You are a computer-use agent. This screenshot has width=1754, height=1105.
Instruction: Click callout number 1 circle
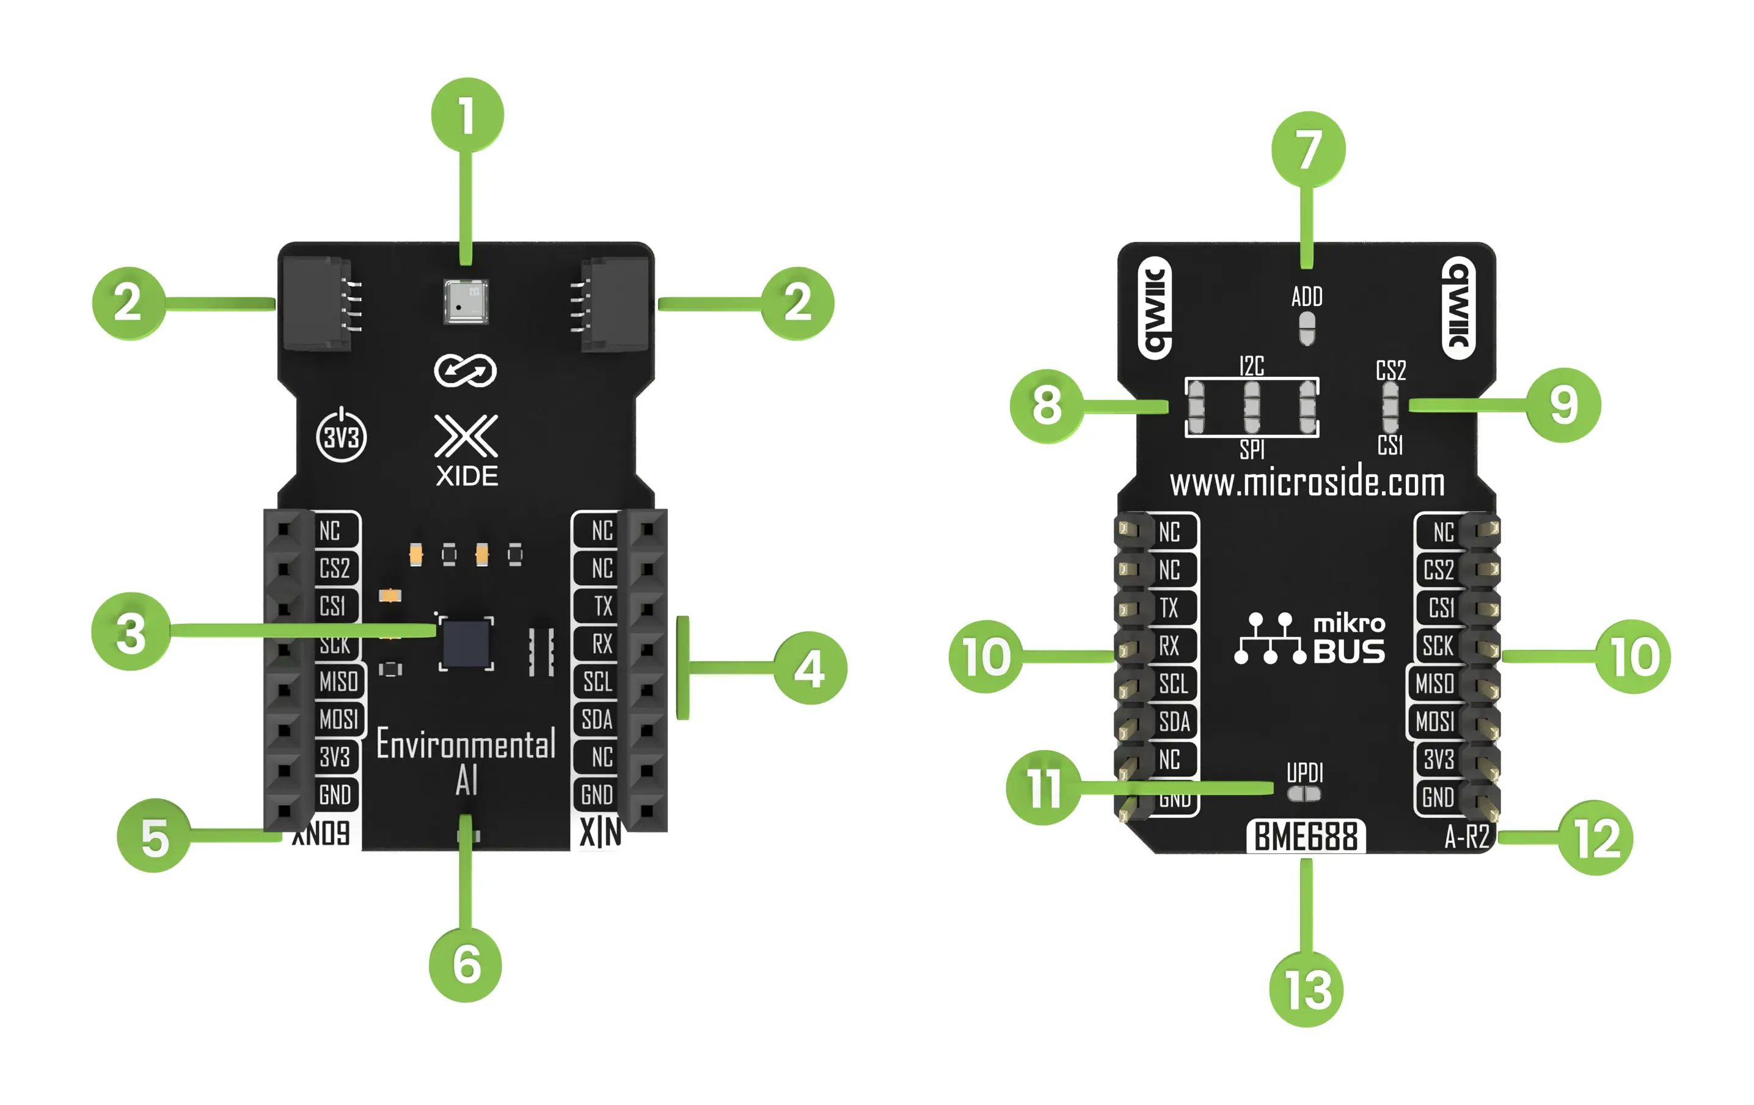coord(467,114)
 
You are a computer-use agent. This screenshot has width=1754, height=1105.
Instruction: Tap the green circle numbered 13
coord(1306,989)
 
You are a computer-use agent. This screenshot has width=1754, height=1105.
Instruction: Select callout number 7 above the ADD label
coord(1308,148)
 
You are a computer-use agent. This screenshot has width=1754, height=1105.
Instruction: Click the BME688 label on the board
coord(1306,836)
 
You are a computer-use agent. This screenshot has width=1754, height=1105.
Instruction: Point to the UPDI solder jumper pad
coord(1304,794)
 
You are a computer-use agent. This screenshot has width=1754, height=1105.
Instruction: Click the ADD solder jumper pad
coord(1307,329)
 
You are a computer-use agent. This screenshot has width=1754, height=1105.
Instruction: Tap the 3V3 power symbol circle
coord(341,437)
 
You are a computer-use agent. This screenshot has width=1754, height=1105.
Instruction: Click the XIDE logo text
coord(467,476)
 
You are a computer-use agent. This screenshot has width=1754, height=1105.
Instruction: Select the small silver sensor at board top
coord(466,302)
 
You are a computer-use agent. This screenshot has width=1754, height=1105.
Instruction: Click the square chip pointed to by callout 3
coord(466,643)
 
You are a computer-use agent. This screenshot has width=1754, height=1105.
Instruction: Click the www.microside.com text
coord(1307,484)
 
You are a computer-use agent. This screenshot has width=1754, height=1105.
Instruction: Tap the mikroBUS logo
coord(1310,639)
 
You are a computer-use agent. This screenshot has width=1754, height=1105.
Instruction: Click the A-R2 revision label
coord(1466,837)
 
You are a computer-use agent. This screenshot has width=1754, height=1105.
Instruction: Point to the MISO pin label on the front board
coord(338,682)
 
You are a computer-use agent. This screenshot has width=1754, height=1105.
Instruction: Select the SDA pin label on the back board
coord(1174,722)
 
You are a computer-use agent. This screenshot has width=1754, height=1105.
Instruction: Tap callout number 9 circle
coord(1563,405)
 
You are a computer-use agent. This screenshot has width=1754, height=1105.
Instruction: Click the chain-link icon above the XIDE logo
coord(466,371)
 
